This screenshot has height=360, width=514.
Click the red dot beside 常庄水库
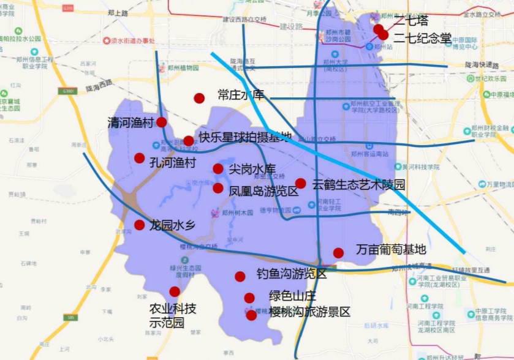[x=199, y=98]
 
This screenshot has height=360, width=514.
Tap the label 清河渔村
[x=130, y=122]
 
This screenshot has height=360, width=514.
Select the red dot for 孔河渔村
[x=140, y=158]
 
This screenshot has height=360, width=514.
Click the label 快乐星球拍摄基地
[x=244, y=138]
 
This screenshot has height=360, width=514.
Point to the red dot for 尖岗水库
[x=218, y=169]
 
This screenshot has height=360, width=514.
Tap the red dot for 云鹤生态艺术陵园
[x=301, y=183]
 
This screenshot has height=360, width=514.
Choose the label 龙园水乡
[x=172, y=225]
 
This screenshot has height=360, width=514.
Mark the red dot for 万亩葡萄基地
[x=338, y=253]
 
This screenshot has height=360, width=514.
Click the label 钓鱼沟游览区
[x=292, y=274]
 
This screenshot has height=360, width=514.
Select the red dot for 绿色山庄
[x=249, y=298]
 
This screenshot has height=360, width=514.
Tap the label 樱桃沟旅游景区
[x=309, y=312]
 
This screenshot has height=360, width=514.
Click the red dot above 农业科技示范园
[x=175, y=291]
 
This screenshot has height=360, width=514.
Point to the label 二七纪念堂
[x=422, y=38]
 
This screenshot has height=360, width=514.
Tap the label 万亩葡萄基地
[x=390, y=250]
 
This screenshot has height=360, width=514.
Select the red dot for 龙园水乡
[x=140, y=225]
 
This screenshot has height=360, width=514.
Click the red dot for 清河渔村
[x=161, y=122]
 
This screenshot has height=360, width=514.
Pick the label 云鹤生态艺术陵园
[x=358, y=184]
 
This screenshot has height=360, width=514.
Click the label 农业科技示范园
[x=173, y=315]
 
